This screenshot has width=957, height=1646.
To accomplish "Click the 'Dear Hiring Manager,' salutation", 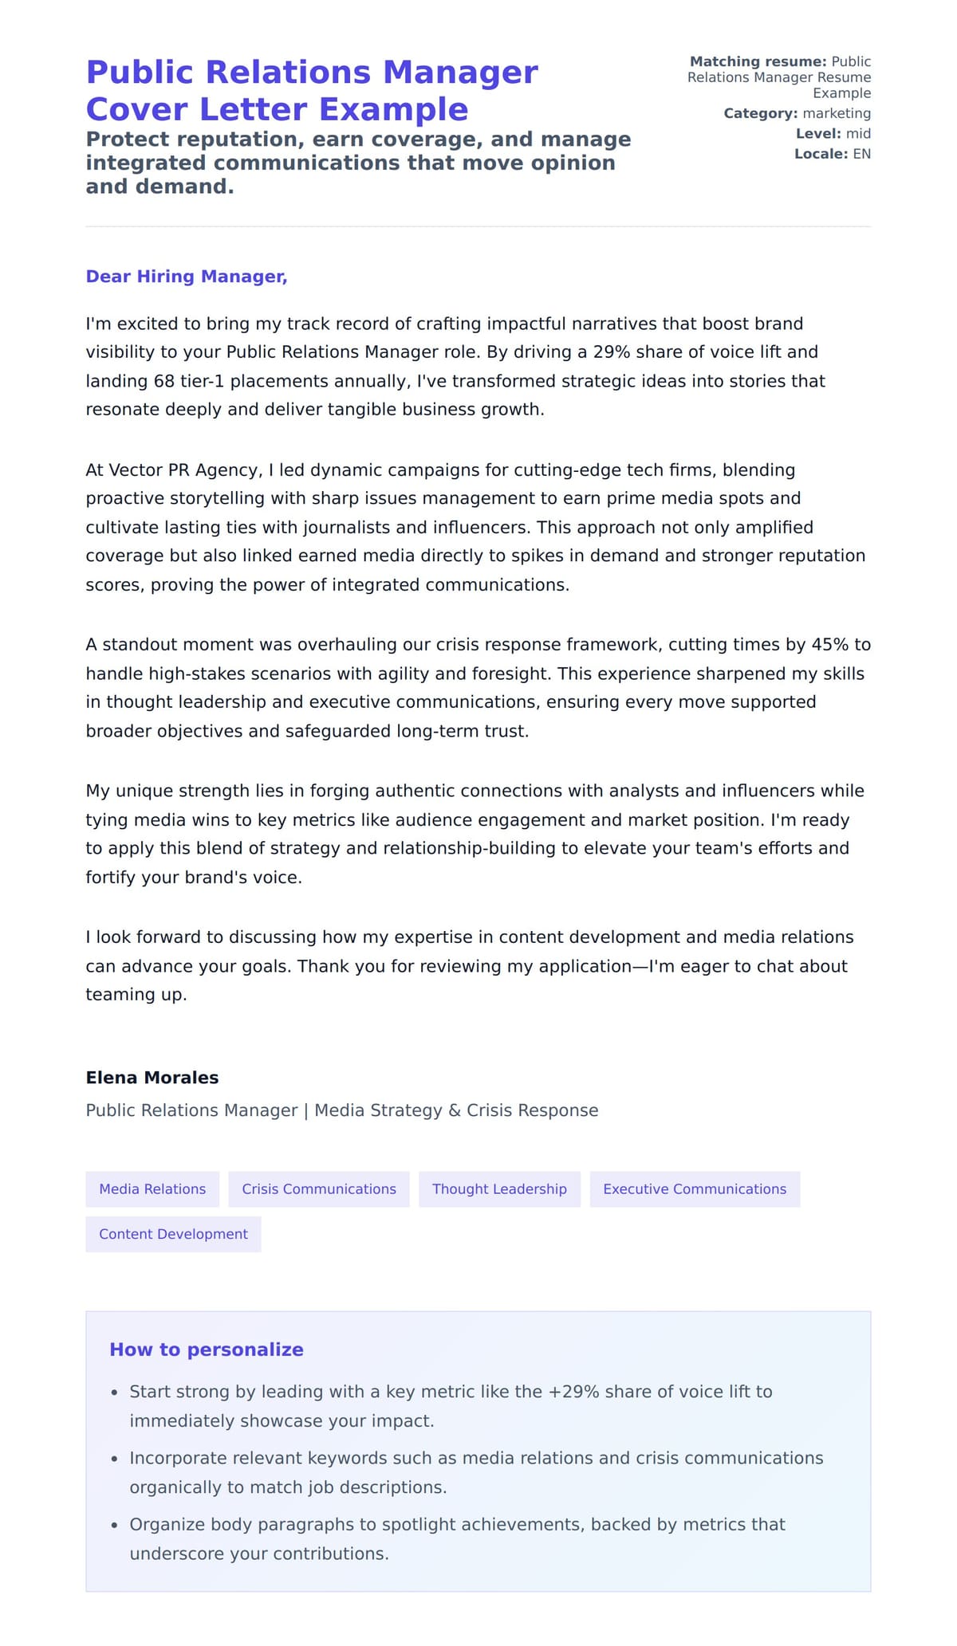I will click(186, 277).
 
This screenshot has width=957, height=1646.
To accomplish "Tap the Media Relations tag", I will click(152, 1188).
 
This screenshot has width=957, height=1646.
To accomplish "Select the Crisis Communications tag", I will click(318, 1188).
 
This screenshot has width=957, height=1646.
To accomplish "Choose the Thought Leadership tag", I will click(499, 1188).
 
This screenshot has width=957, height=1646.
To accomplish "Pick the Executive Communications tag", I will click(694, 1188).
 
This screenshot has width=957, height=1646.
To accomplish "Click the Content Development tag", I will click(173, 1234).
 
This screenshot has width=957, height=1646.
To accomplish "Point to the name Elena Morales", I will click(152, 1078).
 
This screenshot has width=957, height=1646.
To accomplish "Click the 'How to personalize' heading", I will click(206, 1349).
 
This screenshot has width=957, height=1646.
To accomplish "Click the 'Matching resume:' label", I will click(758, 62).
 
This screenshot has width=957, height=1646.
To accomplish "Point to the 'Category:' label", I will click(760, 114).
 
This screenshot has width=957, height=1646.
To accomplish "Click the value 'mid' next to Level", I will click(858, 134).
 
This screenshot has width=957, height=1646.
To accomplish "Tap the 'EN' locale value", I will click(861, 154).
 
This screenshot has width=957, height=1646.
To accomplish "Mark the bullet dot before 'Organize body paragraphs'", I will click(114, 1526).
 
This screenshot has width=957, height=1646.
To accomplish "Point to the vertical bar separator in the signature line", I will click(306, 1110).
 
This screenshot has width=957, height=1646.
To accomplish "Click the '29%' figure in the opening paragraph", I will click(612, 352).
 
